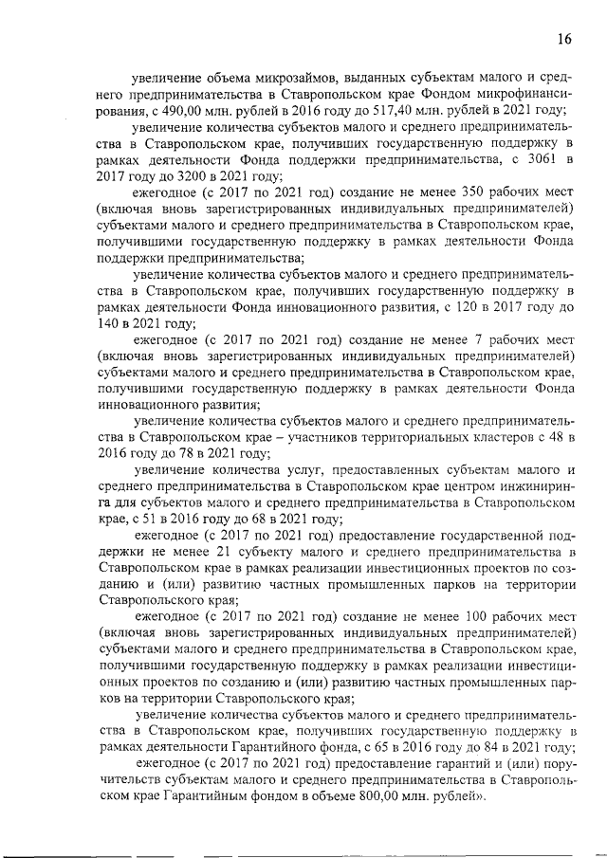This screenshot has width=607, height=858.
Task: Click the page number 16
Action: coord(564,39)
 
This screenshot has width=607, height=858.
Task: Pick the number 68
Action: coord(256,519)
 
